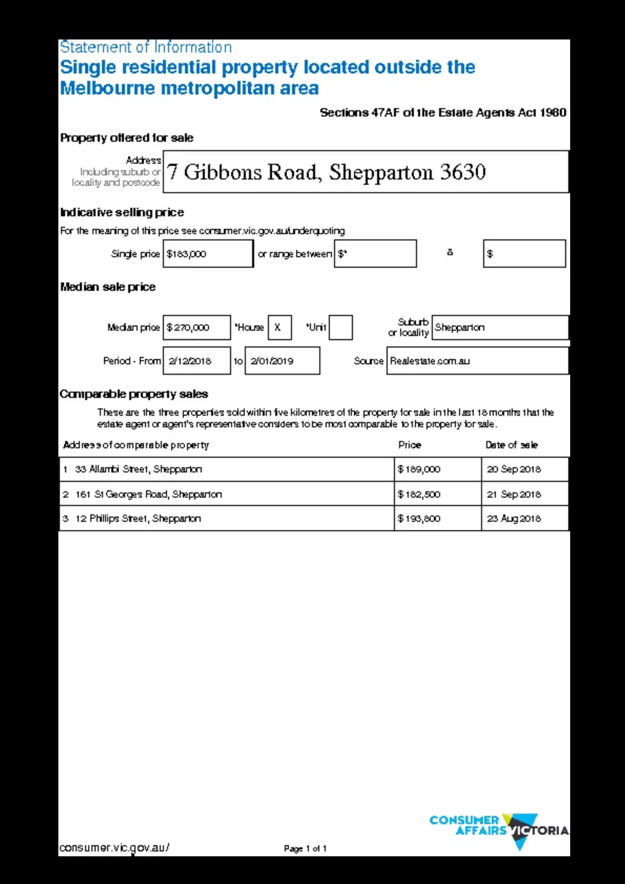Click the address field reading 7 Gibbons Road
pos(366,172)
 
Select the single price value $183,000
pos(208,254)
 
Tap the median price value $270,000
pos(196,328)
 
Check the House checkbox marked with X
pos(279,328)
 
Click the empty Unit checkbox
pos(340,328)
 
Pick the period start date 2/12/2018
pos(196,361)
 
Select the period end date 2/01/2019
pos(282,361)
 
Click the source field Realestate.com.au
pos(477,361)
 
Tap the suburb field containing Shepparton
pos(500,328)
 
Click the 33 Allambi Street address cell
pos(226,470)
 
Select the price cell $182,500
pos(437,494)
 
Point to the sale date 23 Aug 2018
pos(524,519)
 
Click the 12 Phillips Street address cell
pos(226,519)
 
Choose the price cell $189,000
pos(437,470)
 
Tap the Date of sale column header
pos(511,445)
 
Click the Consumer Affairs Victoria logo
pos(499,830)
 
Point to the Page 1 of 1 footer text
pos(305,849)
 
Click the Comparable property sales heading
pos(134,394)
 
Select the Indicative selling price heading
pos(122,212)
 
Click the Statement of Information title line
pos(146,47)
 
